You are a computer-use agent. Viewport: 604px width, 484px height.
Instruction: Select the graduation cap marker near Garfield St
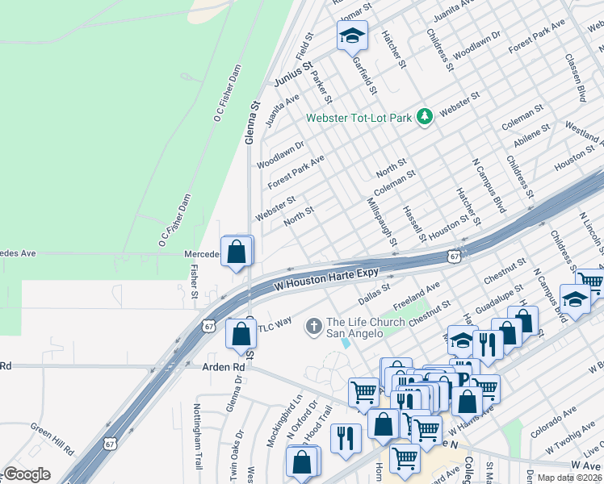[352, 35]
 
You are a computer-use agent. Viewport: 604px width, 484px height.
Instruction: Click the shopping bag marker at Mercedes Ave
[237, 252]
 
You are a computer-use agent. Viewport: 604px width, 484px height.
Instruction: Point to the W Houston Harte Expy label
[326, 280]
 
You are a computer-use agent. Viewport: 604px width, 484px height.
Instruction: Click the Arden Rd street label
[228, 366]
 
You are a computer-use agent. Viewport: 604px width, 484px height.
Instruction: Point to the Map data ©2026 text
[568, 478]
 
